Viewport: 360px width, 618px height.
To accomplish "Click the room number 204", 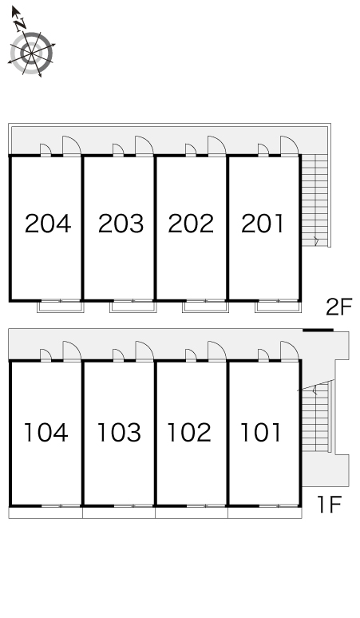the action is tap(48, 224).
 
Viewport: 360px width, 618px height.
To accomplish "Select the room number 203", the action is tap(121, 224).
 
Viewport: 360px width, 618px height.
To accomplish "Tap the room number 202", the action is tap(191, 224).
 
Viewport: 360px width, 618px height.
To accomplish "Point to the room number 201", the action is tap(263, 224).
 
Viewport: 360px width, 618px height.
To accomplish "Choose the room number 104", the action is tap(46, 433).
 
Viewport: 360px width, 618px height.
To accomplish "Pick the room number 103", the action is tap(119, 433).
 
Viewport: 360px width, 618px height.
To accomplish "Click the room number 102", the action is tap(189, 433).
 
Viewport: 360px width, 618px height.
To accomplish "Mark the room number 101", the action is tap(261, 433).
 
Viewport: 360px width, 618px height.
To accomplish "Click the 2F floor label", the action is tap(338, 307).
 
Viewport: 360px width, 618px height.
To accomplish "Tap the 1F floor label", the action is tap(329, 504).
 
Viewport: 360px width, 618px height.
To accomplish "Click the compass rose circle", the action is tap(31, 53).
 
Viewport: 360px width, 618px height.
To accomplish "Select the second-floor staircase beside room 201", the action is tap(315, 200).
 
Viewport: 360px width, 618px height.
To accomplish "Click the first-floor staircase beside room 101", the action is tap(315, 418).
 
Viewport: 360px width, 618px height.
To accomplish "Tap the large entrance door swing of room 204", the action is tap(72, 146).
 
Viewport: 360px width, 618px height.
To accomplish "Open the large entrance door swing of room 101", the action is tap(290, 351).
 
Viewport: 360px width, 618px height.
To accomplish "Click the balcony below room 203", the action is tap(133, 307).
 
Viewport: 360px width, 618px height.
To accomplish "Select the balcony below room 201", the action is tap(278, 307).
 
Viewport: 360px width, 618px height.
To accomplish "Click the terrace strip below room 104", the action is tap(45, 513).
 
